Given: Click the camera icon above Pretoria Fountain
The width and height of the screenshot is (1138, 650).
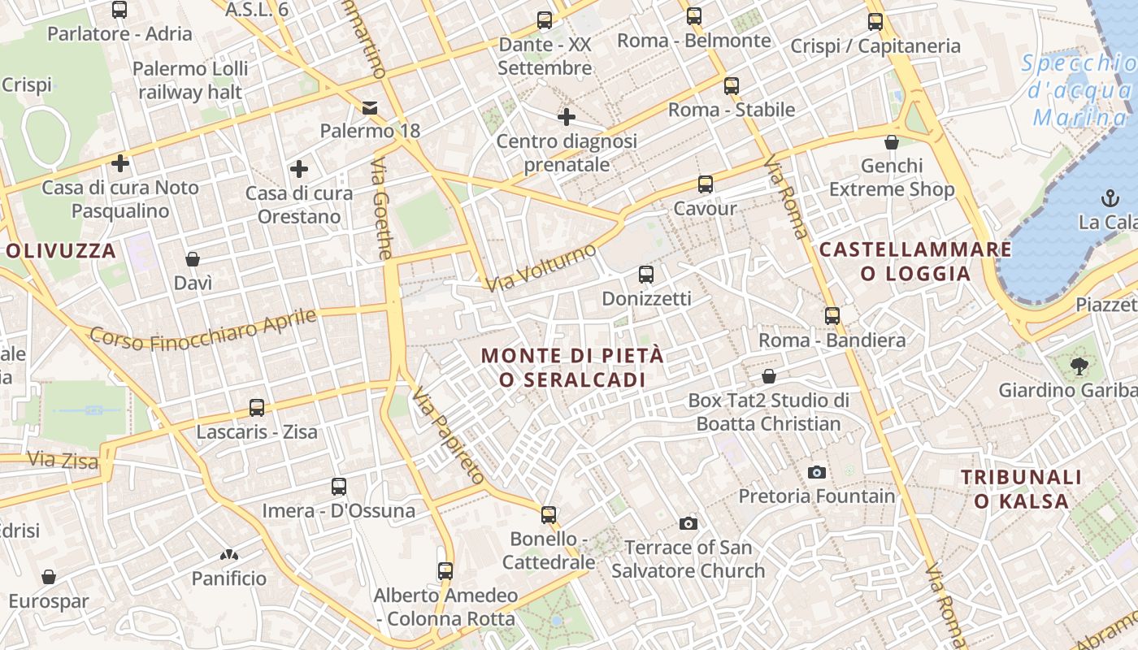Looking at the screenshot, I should click(x=817, y=472).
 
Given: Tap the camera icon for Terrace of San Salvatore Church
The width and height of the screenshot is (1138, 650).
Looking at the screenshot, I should click(x=688, y=523).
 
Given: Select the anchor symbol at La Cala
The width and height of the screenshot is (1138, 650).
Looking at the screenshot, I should click(x=1109, y=197).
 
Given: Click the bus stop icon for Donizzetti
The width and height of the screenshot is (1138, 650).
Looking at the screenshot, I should click(x=646, y=275).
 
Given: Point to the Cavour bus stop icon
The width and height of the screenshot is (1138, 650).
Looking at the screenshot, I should click(x=705, y=184).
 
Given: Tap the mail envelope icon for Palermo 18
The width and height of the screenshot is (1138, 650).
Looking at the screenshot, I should click(x=370, y=107).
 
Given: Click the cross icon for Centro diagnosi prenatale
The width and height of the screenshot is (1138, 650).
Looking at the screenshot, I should click(x=567, y=117).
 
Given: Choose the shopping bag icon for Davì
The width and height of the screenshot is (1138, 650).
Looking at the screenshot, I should click(x=193, y=259).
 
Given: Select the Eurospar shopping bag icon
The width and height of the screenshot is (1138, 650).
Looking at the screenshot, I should click(x=49, y=577).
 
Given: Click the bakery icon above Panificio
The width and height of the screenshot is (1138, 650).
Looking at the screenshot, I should click(x=229, y=555).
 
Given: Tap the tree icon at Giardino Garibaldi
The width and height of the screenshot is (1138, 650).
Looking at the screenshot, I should click(x=1079, y=366).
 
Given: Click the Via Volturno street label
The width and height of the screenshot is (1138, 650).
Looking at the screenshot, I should click(x=541, y=268).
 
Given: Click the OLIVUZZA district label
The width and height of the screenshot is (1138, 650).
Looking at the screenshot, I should click(x=62, y=251).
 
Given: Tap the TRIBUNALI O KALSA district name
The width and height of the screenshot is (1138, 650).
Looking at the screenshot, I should click(x=1022, y=489).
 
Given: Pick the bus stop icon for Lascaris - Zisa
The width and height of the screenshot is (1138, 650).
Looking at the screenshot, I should click(x=257, y=408).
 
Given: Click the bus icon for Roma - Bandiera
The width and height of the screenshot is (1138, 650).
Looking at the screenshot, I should click(x=832, y=316).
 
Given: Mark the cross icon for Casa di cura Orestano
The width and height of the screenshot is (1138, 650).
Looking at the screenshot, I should click(x=299, y=169).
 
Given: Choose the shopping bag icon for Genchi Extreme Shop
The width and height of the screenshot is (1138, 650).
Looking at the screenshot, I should click(x=892, y=142).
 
